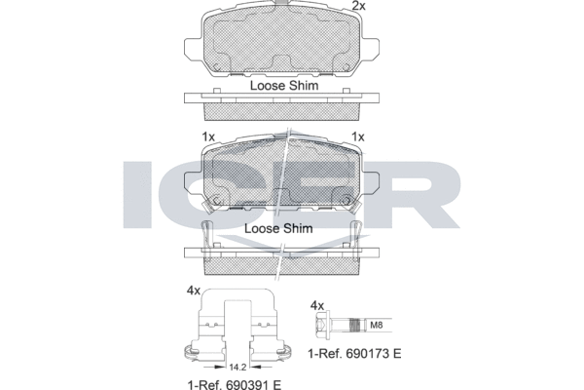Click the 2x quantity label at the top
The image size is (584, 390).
[358, 6]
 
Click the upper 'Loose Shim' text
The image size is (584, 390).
[284, 86]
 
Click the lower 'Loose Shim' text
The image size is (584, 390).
[278, 228]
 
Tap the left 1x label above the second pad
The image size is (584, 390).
[208, 136]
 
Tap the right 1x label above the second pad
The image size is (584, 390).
[358, 136]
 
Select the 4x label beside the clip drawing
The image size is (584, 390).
[194, 291]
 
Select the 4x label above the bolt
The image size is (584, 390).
[317, 306]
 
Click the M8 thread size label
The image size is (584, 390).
[376, 325]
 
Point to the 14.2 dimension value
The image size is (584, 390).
[237, 368]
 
